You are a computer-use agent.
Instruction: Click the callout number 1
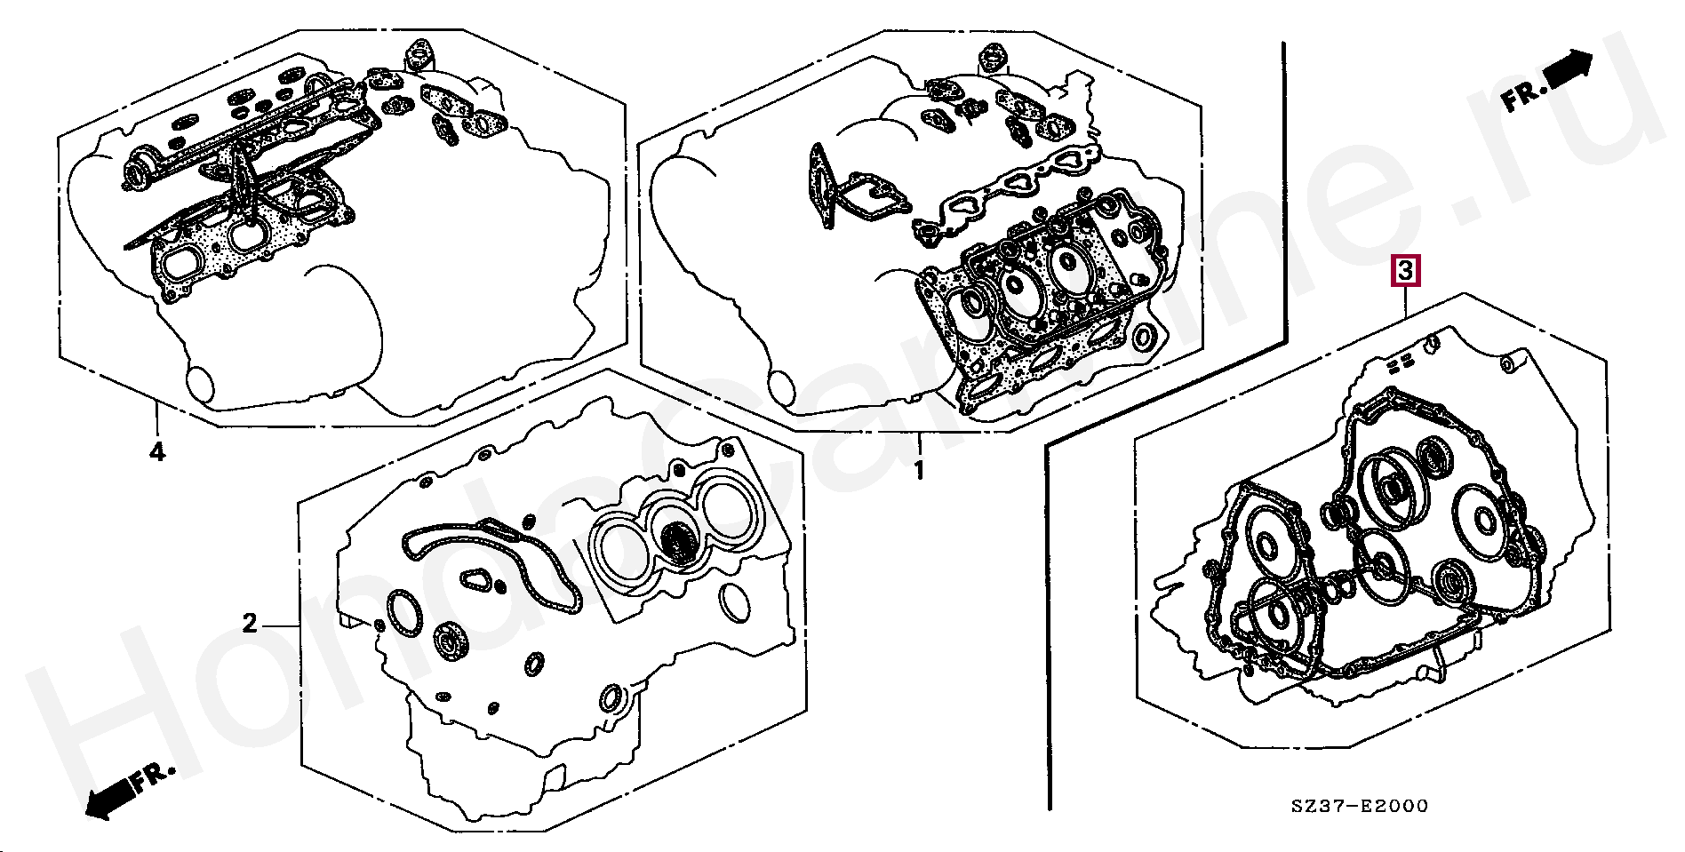pos(919,469)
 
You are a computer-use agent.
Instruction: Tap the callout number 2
pos(250,624)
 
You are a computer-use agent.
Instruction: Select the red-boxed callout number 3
pos(1404,270)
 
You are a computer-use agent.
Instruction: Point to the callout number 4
pos(156,452)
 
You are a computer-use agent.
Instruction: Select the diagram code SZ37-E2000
pos(1360,806)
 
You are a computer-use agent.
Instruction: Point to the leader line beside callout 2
pos(280,625)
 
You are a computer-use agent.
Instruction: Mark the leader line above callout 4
pos(156,421)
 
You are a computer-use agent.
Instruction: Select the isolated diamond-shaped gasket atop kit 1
pos(992,57)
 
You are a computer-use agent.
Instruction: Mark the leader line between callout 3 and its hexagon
pos(1404,302)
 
